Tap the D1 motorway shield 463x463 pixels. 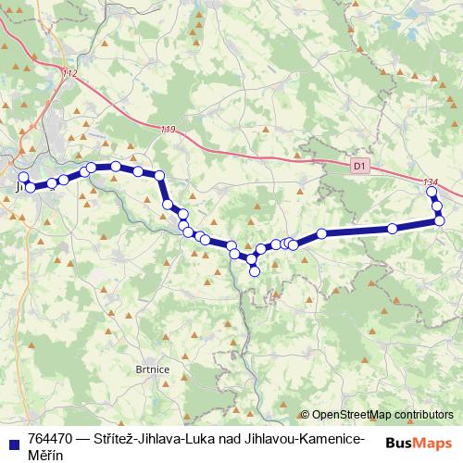click(360, 165)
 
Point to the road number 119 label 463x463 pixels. click(167, 129)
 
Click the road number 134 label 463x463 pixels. click(428, 181)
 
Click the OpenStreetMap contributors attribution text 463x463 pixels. click(382, 415)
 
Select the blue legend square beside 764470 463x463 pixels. click(12, 440)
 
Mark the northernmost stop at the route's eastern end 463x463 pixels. click(432, 192)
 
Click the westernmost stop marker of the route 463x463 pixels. click(23, 177)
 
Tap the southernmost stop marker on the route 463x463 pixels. click(255, 271)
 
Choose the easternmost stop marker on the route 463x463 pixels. click(440, 219)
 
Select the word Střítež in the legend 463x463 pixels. click(116, 439)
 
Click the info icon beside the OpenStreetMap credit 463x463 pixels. click(305, 415)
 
